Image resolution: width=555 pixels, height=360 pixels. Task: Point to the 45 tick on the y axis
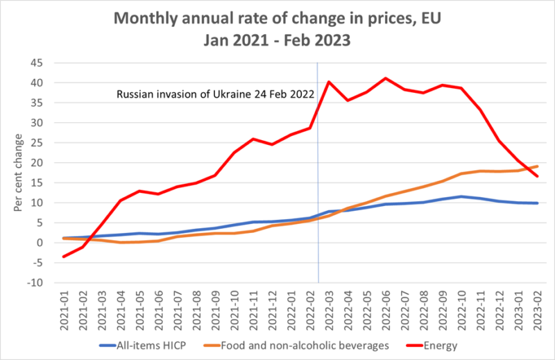point(35,63)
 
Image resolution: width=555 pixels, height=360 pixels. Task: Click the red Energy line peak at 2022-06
point(386,78)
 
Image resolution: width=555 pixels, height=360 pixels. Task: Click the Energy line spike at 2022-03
point(329,82)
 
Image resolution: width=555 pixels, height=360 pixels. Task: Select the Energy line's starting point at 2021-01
point(65,257)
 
